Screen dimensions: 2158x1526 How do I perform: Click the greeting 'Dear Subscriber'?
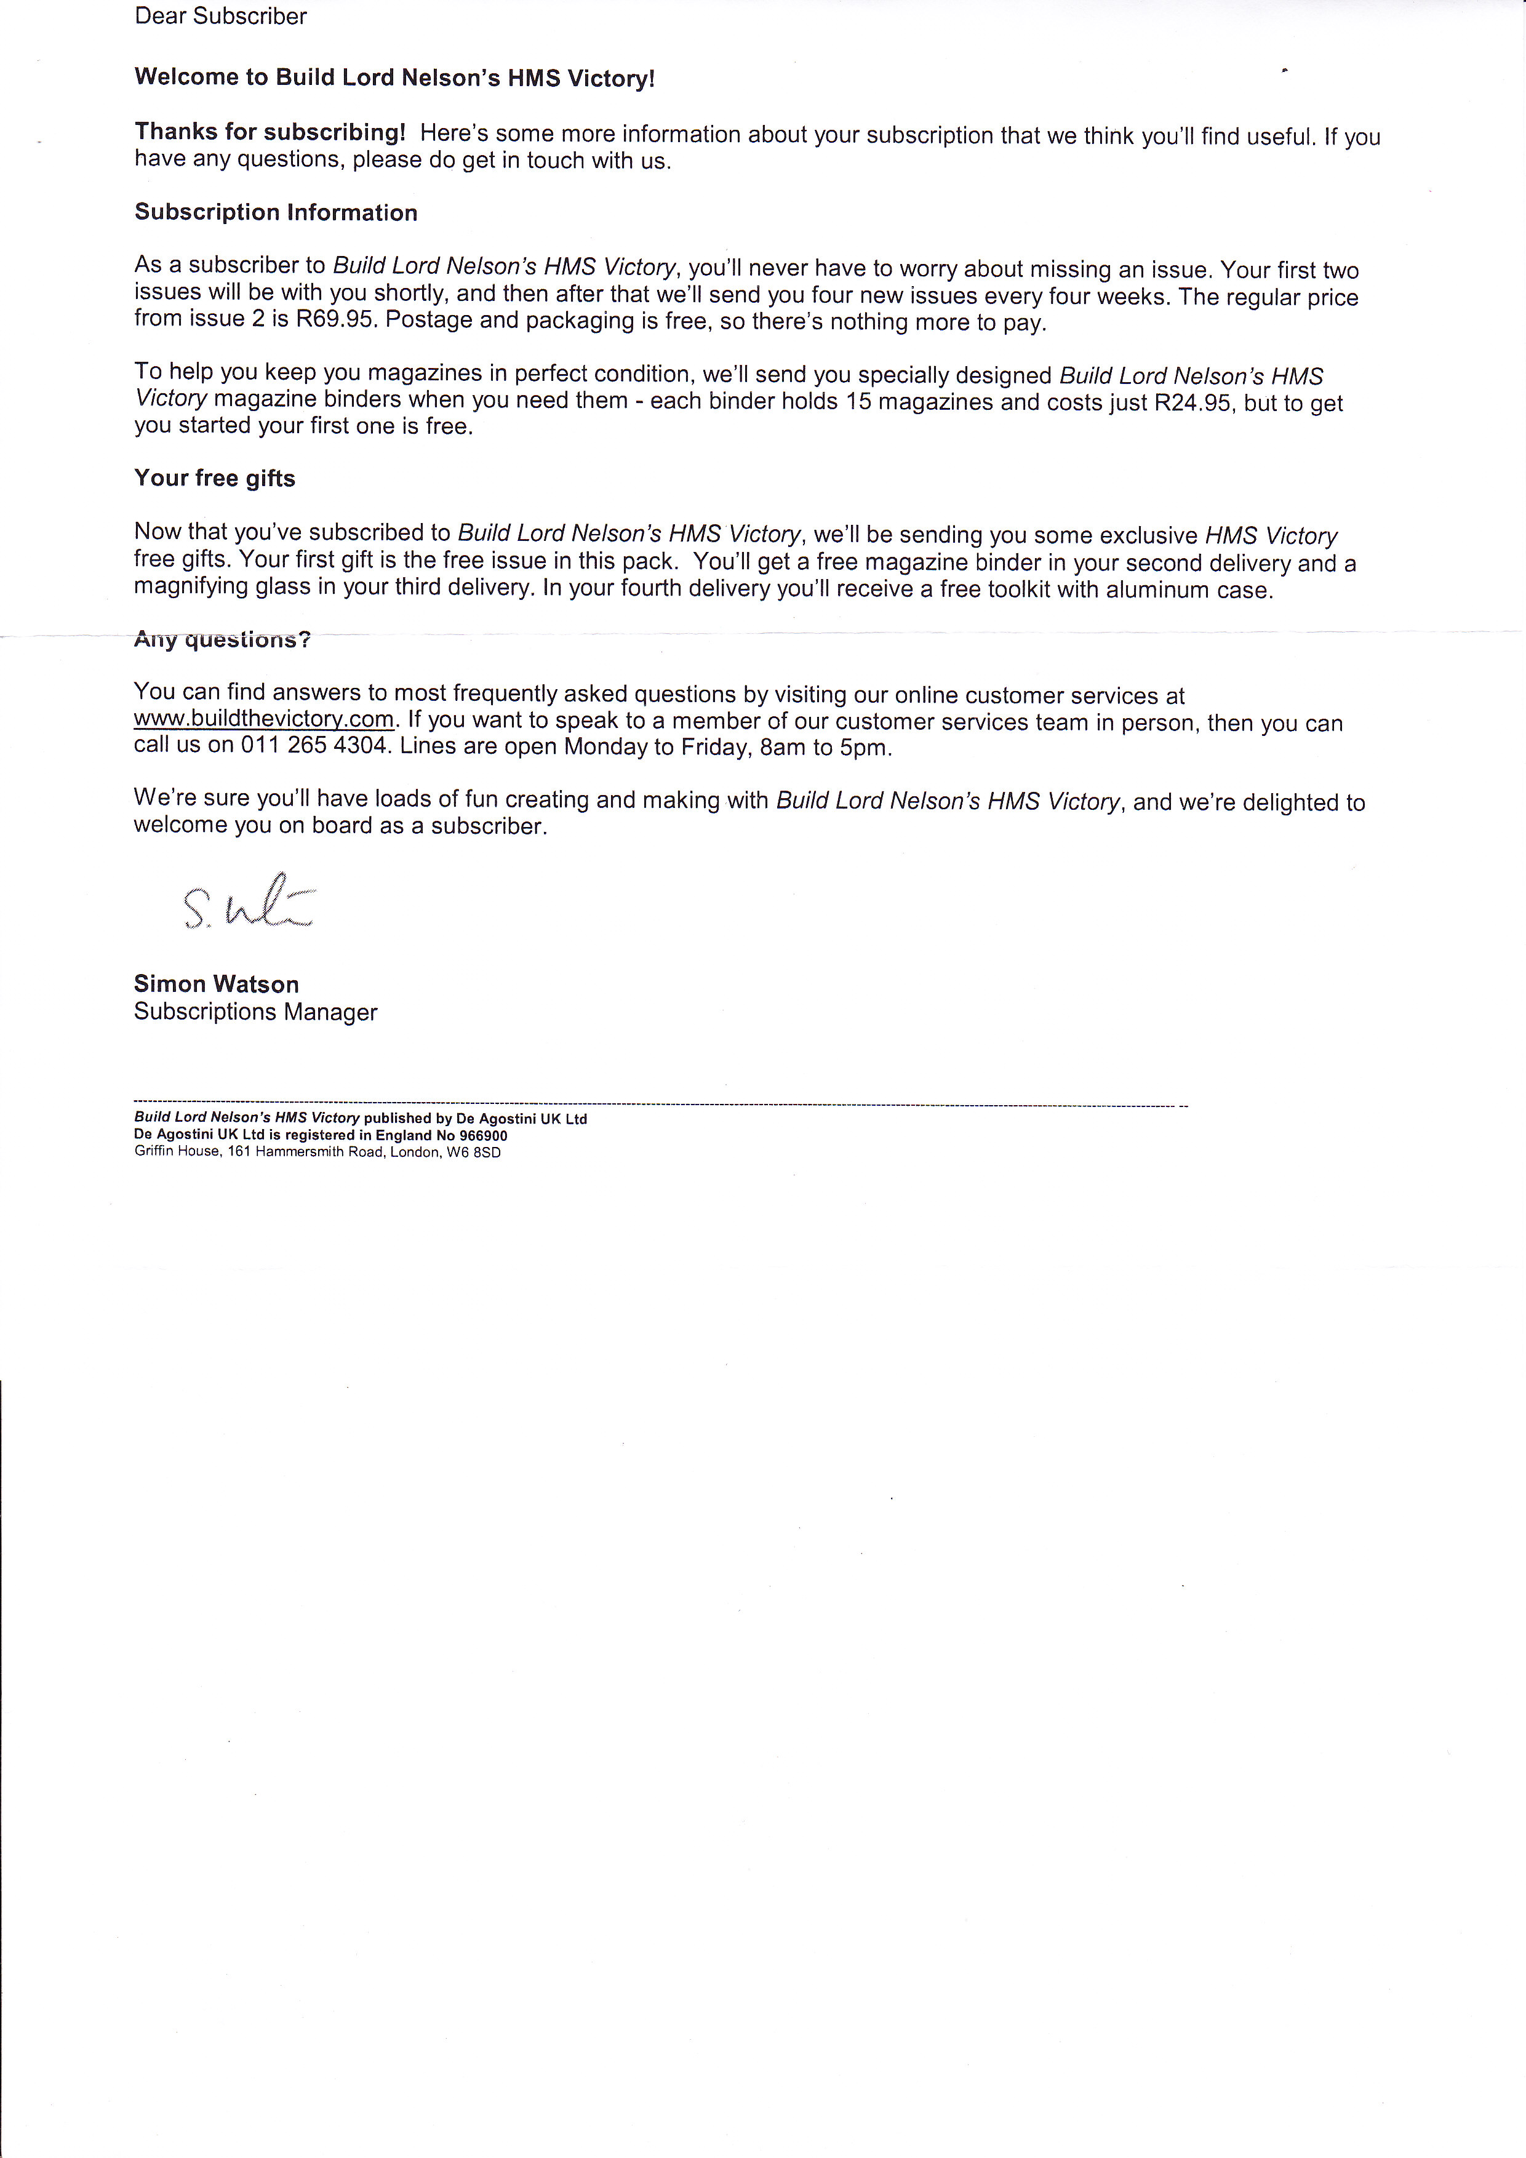point(221,16)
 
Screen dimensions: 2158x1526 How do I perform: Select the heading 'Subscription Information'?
point(275,212)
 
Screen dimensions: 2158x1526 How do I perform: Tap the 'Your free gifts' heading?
point(214,478)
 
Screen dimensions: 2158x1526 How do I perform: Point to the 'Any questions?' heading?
point(222,640)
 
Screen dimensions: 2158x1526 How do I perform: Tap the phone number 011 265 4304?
point(314,746)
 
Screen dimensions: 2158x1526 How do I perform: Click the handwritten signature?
point(248,904)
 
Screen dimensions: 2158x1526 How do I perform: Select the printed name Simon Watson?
point(216,984)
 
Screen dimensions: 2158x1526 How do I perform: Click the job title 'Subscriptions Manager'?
point(255,1012)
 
